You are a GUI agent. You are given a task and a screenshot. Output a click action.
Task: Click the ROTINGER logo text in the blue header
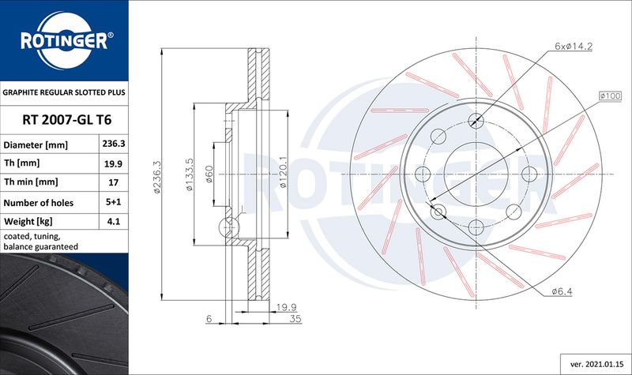point(65,41)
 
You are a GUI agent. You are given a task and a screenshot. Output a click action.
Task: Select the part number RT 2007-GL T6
point(67,120)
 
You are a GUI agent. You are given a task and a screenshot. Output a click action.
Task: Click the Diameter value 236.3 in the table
point(114,144)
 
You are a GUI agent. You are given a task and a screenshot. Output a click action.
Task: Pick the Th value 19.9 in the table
point(114,164)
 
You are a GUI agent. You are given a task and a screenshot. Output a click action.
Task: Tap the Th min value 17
point(114,182)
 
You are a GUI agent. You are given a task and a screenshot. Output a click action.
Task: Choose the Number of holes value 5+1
point(114,202)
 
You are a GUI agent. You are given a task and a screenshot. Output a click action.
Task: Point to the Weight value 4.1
point(114,221)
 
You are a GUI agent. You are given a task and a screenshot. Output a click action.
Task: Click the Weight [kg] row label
point(28,222)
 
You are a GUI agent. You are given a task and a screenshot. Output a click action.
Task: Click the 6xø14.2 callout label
point(574,47)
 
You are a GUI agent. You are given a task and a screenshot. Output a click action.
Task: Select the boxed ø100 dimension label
point(610,96)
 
